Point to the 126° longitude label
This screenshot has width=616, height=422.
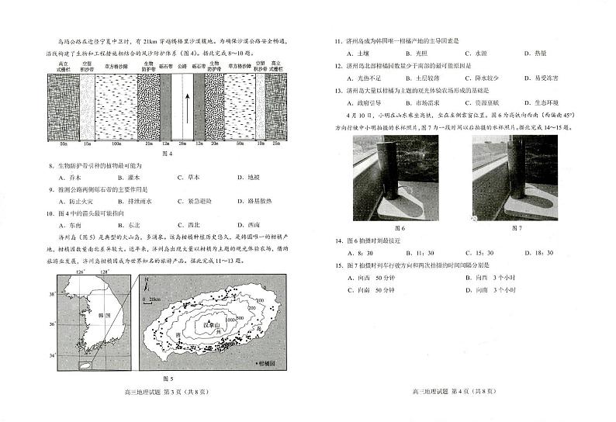click(80, 274)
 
